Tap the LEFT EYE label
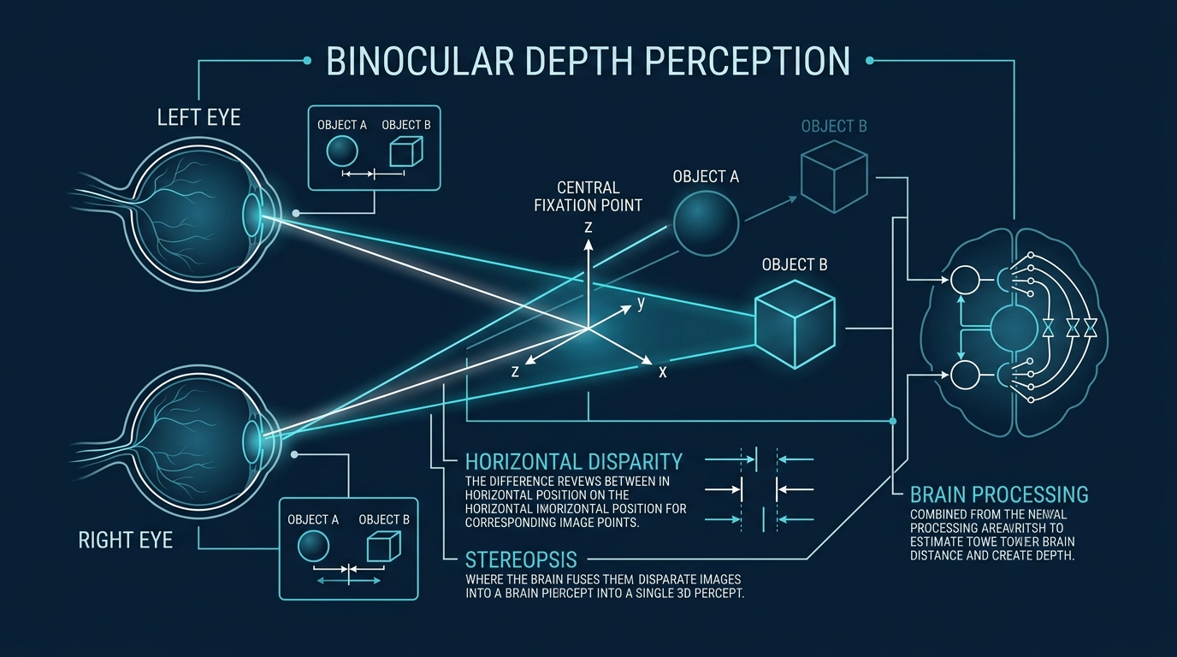[198, 116]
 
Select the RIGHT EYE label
[125, 540]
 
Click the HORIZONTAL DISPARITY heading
[573, 462]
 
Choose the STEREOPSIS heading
[521, 560]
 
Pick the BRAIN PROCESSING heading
[999, 494]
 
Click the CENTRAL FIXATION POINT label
[588, 196]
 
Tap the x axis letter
[662, 372]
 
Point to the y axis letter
[641, 303]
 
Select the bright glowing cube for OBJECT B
[795, 324]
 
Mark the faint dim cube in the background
[834, 175]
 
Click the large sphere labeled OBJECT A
[706, 222]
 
